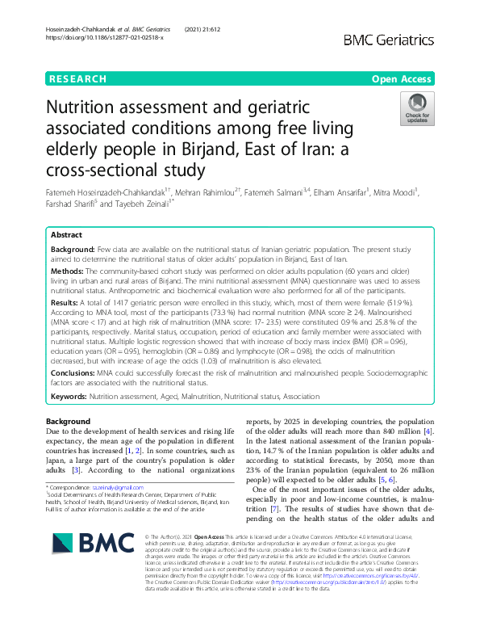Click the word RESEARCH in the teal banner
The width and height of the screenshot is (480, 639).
click(77, 79)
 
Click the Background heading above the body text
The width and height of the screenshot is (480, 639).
click(68, 422)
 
